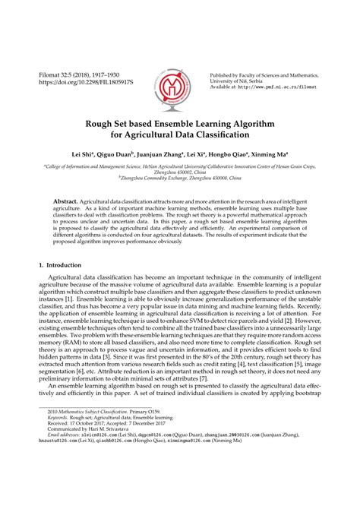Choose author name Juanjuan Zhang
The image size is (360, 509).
[x=185, y=153]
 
